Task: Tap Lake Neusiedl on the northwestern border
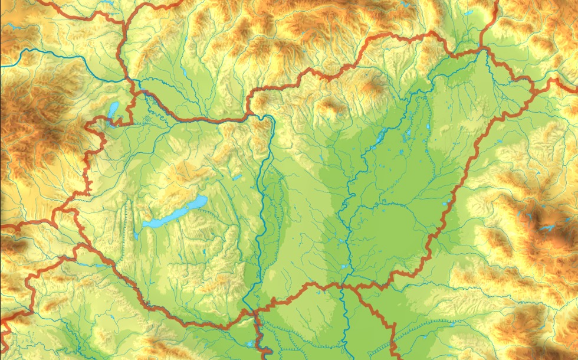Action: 113,109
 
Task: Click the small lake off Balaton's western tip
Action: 136,235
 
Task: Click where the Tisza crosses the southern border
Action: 342,284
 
